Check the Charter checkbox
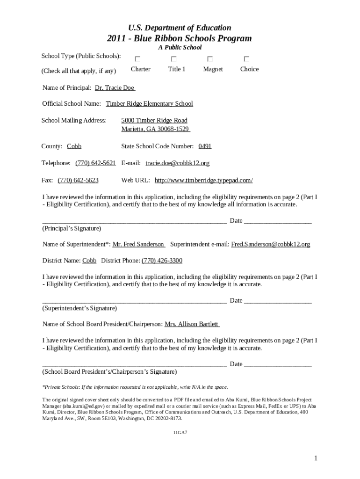coord(137,59)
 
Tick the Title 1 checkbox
coord(174,59)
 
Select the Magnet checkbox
coord(210,59)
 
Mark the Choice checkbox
coord(246,59)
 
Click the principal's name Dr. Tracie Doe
coord(115,87)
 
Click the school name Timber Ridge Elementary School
coord(149,103)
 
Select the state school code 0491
coord(205,146)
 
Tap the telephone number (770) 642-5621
coord(95,163)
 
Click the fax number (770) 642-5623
coord(78,180)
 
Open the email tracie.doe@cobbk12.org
coord(177,163)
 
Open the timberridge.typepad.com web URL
coord(203,180)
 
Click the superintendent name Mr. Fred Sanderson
coord(138,244)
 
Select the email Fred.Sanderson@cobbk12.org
coord(270,244)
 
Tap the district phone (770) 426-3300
coord(162,260)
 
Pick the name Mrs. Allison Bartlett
coord(192,324)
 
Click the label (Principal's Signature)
coord(72,228)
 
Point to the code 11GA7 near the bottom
coord(180,433)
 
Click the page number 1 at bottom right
coord(316,458)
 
